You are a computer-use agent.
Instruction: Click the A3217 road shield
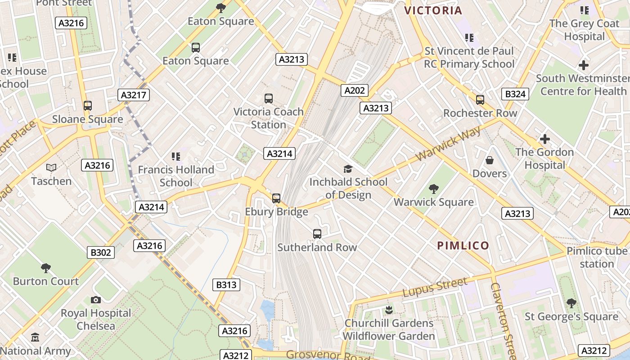(x=134, y=95)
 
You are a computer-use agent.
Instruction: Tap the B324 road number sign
(x=515, y=94)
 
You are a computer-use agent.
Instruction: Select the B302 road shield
(x=101, y=252)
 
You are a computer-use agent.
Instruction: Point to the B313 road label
(x=226, y=285)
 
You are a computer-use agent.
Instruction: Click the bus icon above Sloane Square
(x=88, y=106)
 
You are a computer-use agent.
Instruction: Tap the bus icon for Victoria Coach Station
(x=269, y=98)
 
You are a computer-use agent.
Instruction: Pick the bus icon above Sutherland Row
(x=317, y=234)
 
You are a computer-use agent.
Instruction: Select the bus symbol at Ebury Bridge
(x=276, y=198)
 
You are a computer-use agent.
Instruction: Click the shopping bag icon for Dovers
(x=490, y=160)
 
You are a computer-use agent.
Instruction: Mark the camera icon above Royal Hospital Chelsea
(x=96, y=300)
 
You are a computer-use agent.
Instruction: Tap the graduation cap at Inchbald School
(x=348, y=169)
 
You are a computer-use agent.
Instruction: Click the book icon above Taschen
(x=51, y=168)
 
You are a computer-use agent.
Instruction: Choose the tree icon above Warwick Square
(x=434, y=189)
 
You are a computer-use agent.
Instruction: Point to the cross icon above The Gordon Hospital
(x=544, y=139)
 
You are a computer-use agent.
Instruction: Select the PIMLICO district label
(x=463, y=245)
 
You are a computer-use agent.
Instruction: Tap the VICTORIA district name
(x=433, y=11)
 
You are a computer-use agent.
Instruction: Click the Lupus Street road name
(x=435, y=288)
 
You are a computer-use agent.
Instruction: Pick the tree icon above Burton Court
(x=45, y=268)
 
